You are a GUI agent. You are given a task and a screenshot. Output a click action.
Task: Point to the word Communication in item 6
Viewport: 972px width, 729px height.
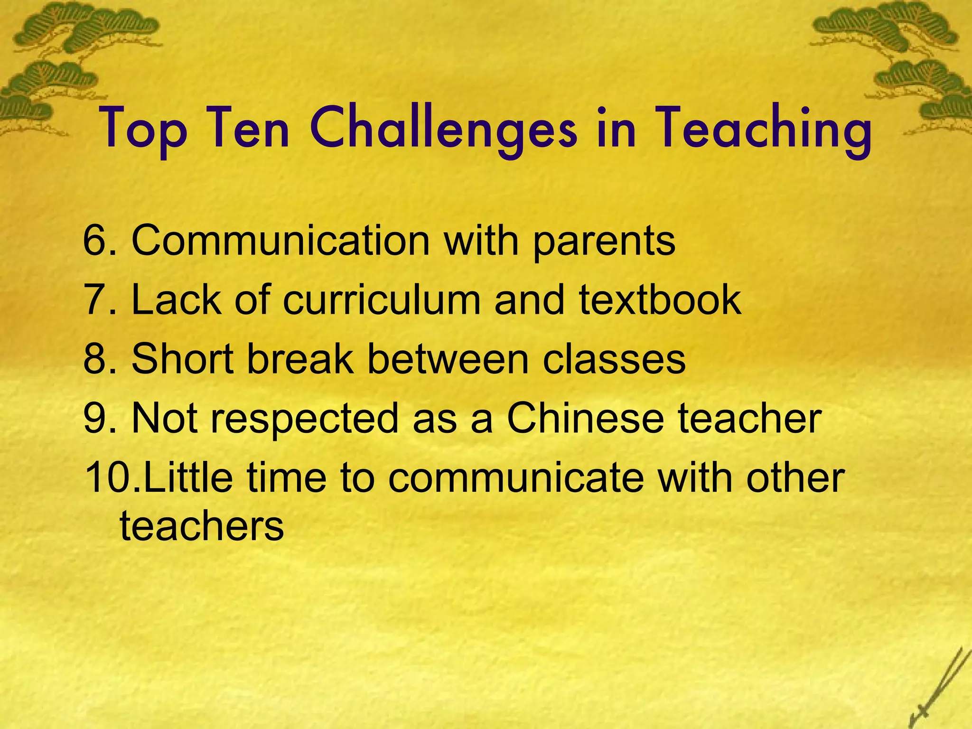(280, 241)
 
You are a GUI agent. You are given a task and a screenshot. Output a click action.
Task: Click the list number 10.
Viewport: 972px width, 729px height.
(109, 477)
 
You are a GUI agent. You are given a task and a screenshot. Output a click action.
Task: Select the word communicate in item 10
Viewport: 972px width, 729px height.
(515, 477)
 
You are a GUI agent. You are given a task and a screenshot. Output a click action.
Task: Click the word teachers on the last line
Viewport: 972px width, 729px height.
(202, 526)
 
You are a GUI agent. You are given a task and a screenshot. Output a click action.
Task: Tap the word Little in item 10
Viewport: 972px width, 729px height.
(187, 477)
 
